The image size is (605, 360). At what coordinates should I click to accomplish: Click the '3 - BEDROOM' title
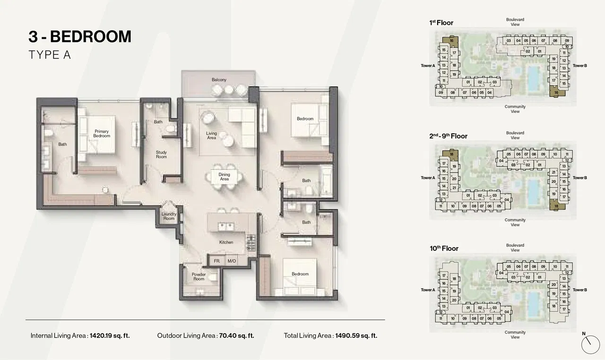point(80,36)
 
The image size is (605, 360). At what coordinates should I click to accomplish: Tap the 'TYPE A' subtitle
point(50,55)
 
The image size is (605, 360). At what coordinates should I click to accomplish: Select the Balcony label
point(219,80)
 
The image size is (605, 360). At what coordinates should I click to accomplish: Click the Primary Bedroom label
point(102,134)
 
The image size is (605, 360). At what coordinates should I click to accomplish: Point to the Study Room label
point(162,154)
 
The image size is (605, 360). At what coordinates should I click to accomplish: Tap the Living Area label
point(211,136)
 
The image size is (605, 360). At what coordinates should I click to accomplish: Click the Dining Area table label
point(225,177)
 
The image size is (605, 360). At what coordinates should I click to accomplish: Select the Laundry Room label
point(169,216)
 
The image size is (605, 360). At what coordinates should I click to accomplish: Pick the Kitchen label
point(226,242)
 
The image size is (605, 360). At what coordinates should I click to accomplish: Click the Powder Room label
point(199,276)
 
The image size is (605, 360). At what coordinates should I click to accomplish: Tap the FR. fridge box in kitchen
point(217,261)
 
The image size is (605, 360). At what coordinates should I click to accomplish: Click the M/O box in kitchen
point(232,261)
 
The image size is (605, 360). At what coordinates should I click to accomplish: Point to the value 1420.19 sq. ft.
point(109,336)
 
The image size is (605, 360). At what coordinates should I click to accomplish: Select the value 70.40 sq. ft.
point(236,336)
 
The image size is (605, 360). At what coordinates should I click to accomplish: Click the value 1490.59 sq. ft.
point(356,336)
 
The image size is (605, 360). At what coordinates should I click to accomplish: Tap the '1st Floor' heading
point(441,23)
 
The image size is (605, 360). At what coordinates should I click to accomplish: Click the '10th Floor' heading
point(443,249)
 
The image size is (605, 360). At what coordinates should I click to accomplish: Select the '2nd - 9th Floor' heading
point(448,136)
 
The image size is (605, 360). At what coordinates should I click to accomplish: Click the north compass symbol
point(590,344)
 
